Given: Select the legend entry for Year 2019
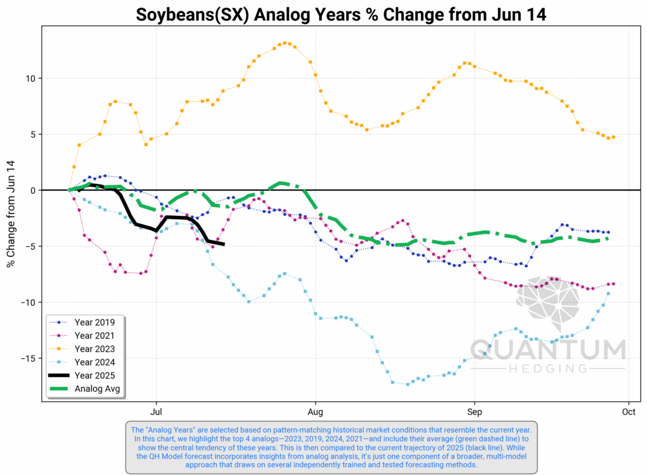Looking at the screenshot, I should click(x=95, y=322).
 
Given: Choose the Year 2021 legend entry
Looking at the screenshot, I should click(x=95, y=335).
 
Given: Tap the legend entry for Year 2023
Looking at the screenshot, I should click(x=95, y=349).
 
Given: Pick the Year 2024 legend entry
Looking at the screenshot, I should click(x=95, y=362).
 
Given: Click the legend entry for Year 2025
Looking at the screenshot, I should click(x=95, y=375).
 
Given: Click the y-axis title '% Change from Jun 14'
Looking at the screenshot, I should click(x=11, y=212).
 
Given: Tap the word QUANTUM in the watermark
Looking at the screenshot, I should click(x=548, y=349).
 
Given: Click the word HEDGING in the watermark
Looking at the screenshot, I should click(x=548, y=368).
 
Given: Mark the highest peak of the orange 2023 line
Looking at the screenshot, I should click(x=285, y=43).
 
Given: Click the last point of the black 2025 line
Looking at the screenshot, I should click(x=223, y=244).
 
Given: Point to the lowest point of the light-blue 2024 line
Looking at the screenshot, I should click(x=408, y=384).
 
